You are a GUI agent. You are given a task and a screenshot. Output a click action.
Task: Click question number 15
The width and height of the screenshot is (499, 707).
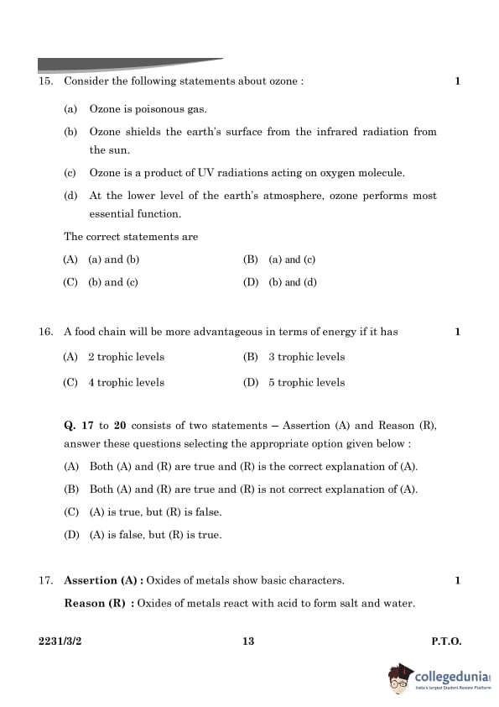click(x=45, y=81)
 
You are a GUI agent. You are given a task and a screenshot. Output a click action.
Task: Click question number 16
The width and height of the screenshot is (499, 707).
click(x=45, y=332)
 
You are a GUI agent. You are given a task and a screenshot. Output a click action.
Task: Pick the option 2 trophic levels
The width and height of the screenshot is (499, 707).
click(x=126, y=357)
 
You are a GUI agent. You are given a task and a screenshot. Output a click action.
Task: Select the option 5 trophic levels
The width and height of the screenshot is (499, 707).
click(x=306, y=382)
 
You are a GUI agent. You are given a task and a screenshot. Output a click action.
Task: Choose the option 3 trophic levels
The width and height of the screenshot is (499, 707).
click(x=306, y=357)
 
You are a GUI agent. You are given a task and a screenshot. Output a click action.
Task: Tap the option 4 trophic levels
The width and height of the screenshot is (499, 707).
click(x=126, y=382)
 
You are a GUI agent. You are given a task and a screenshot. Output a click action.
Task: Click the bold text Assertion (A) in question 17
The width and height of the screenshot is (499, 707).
click(x=101, y=580)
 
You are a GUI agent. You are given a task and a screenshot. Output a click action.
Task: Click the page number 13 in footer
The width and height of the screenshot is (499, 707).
click(x=247, y=642)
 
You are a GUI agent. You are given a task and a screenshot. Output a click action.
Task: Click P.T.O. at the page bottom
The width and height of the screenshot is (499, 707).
click(x=446, y=642)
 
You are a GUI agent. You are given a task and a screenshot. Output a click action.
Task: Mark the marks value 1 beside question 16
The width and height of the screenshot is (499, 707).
click(x=458, y=332)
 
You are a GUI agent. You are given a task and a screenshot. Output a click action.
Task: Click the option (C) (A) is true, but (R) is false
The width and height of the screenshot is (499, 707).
click(x=143, y=511)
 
